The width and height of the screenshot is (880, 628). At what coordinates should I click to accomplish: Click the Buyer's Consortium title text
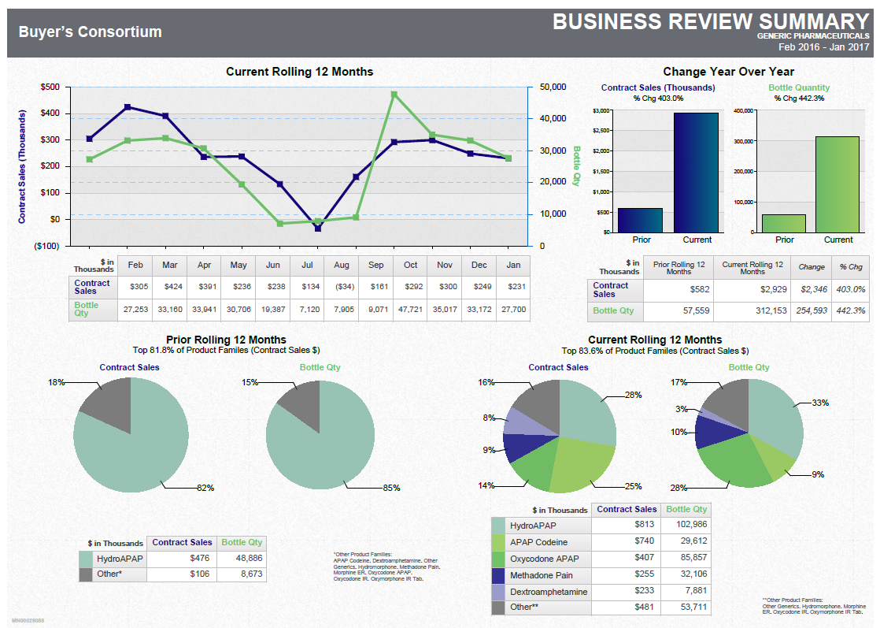91,32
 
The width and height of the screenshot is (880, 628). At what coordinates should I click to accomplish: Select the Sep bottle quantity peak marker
394,95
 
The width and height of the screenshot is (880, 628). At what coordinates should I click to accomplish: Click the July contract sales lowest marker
318,228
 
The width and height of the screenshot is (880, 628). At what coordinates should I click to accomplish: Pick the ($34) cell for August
342,287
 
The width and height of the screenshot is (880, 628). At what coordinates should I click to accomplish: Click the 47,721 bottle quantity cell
410,309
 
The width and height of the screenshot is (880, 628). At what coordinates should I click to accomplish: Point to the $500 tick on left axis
49,87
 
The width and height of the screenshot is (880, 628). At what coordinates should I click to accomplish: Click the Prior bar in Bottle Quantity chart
784,223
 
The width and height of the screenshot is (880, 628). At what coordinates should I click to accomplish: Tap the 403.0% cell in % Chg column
850,289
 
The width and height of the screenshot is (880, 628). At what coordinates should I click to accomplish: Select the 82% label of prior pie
205,488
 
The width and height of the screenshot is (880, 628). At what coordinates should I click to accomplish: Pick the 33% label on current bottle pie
820,403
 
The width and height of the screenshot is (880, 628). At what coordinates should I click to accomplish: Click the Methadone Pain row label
542,574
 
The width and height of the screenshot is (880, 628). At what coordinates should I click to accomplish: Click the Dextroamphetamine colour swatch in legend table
498,591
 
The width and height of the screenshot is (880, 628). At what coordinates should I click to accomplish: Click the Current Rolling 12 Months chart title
299,72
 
